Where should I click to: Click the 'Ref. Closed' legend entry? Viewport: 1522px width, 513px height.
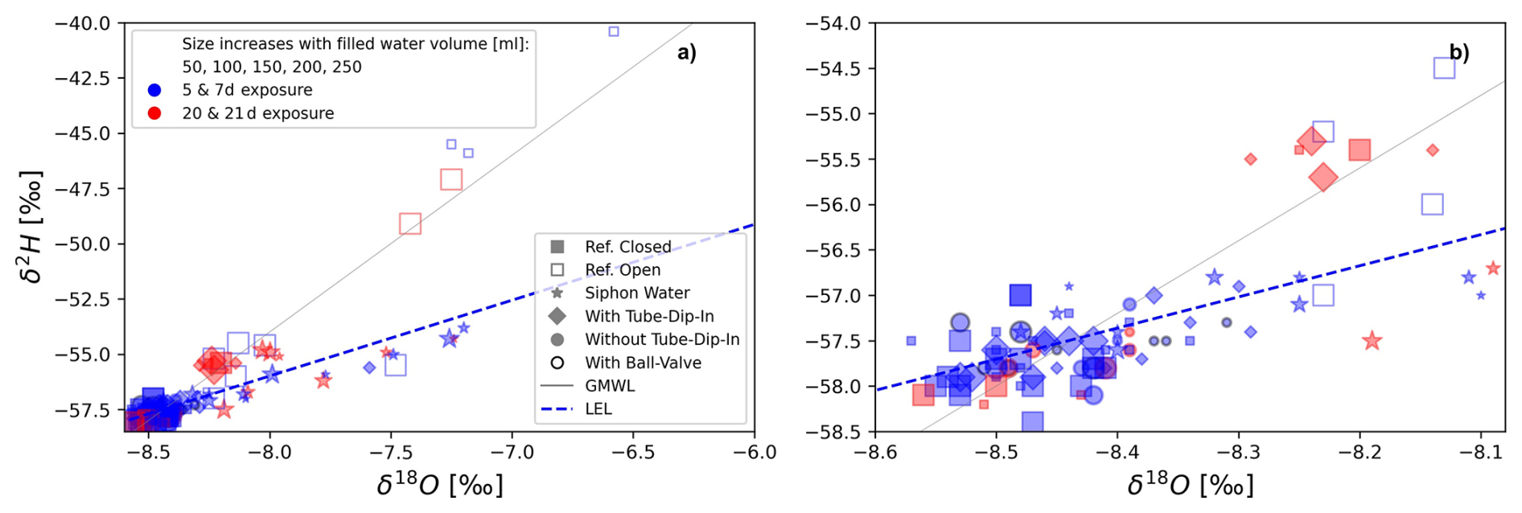(627, 247)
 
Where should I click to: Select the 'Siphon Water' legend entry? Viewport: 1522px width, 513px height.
(636, 293)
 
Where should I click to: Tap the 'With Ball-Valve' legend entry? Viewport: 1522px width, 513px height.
(642, 363)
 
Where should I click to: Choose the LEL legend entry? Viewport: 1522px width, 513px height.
(598, 408)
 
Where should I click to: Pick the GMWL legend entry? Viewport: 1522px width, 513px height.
(609, 386)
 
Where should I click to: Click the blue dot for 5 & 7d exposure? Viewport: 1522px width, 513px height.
(154, 90)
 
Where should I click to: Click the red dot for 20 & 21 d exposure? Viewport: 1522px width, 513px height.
(154, 113)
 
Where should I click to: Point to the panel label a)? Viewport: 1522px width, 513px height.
(686, 53)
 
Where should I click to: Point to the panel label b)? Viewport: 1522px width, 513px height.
(1458, 53)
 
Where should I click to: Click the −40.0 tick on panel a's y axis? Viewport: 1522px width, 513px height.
(82, 23)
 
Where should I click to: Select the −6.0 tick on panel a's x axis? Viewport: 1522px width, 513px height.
(755, 453)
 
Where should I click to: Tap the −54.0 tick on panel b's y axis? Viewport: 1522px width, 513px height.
(833, 23)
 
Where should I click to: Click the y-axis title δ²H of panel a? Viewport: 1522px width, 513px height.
(32, 227)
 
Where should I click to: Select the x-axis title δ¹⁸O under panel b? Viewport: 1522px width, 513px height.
(1190, 485)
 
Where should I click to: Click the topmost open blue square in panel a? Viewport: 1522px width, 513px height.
(614, 31)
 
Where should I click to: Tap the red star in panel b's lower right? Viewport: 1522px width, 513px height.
(1372, 341)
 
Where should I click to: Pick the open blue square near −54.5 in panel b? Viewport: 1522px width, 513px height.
(1444, 68)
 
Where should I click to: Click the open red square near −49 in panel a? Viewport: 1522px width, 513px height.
(410, 224)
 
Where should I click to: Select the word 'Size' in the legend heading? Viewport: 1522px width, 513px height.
(198, 44)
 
